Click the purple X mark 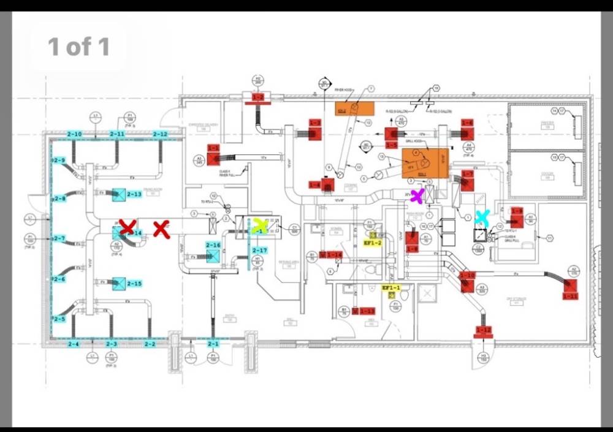pos(417,196)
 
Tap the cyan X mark pos(482,217)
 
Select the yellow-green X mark pos(260,225)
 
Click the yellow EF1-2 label pos(373,243)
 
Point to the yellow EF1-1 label pos(391,287)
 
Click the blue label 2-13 pos(134,194)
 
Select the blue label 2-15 pos(134,284)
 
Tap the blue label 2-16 pos(213,245)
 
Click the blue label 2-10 pos(74,134)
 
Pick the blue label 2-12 pos(160,134)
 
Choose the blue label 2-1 pos(213,344)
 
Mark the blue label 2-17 pos(260,250)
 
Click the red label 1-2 pos(258,97)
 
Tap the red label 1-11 pos(571,296)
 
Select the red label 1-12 pos(484,330)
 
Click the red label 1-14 pos(334,254)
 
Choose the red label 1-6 pos(468,123)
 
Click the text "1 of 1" pos(78,47)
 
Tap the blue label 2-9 pos(59,161)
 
